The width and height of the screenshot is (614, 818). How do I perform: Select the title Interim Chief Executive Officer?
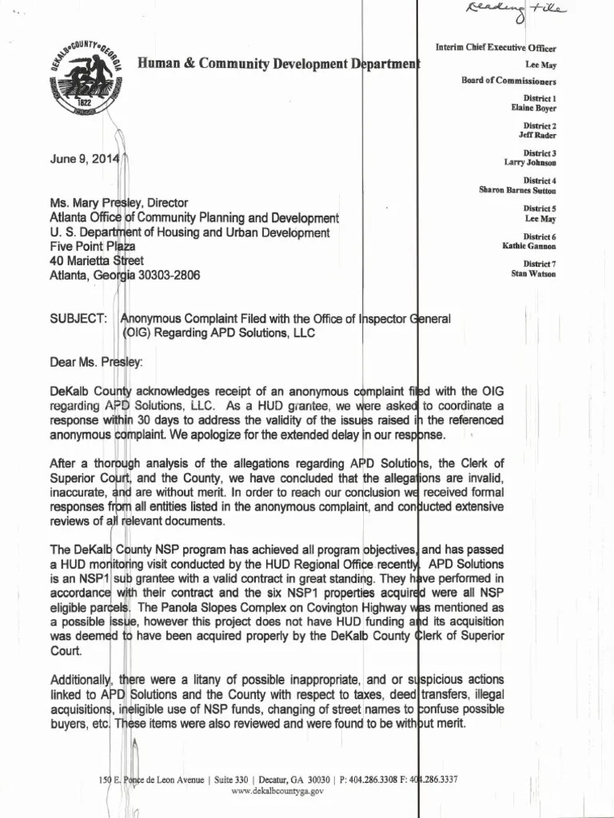[496, 49]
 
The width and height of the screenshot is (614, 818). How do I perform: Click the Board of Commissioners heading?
[508, 81]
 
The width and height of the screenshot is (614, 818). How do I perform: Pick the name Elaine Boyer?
[533, 108]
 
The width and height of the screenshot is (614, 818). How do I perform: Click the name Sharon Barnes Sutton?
[517, 190]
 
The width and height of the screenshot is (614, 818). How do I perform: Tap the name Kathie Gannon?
[528, 245]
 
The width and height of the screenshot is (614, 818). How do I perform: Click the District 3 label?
[540, 153]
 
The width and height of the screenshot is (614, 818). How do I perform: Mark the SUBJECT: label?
[78, 319]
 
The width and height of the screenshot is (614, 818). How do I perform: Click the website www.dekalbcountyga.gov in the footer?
[277, 790]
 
